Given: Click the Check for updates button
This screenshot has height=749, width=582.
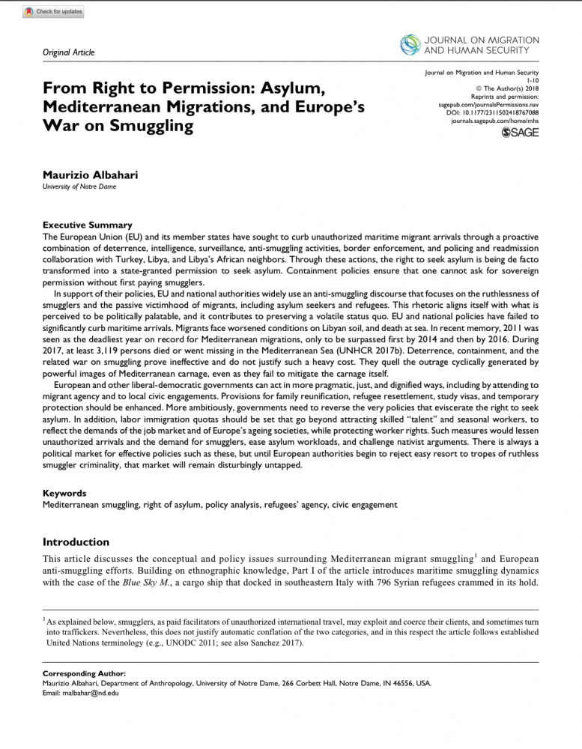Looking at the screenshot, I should click(54, 12).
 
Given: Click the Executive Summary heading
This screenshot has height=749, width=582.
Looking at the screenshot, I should click(88, 225).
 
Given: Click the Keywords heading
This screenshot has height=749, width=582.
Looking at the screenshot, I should click(64, 494).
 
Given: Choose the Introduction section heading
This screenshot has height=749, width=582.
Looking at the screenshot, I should click(76, 542).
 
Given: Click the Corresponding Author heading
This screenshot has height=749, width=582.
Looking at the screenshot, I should click(83, 674).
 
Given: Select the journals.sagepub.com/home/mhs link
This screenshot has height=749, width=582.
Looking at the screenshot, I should click(495, 121).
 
